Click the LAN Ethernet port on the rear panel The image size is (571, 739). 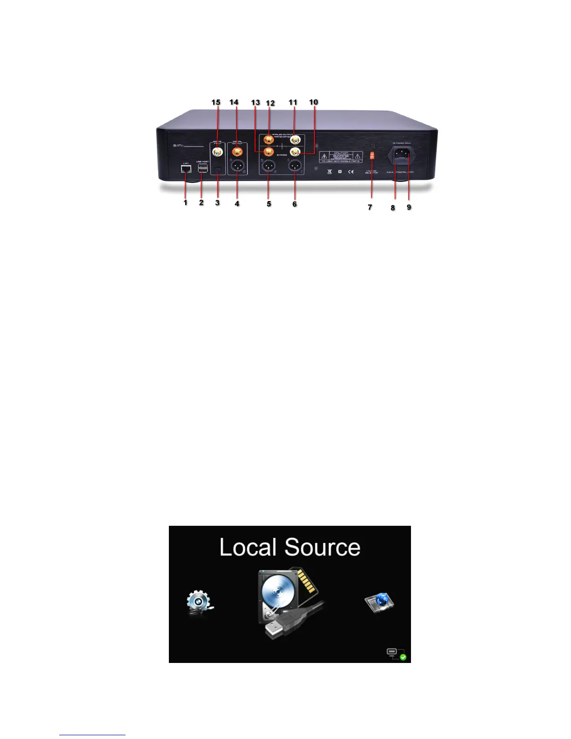point(186,169)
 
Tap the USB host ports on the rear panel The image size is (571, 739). point(202,168)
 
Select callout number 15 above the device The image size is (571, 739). point(216,102)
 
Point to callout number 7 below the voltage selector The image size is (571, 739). point(370,207)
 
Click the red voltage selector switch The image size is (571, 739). point(372,155)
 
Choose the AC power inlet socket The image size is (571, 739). point(401,155)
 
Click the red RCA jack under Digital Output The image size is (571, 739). point(237,151)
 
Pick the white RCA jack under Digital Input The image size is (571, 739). point(217,151)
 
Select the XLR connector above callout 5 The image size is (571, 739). point(269,167)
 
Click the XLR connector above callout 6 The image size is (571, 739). point(295,167)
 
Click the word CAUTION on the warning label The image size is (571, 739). point(341,153)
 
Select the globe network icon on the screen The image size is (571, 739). point(379,601)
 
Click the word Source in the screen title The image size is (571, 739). point(322,547)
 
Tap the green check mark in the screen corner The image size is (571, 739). point(403,657)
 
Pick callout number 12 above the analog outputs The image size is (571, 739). point(270,103)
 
